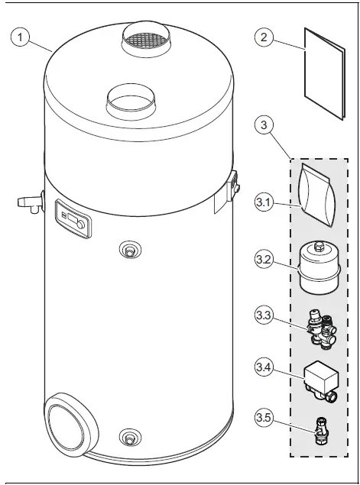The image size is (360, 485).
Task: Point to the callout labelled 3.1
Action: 264,203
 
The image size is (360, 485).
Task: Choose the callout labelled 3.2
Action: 264,259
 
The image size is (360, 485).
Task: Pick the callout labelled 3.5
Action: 264,419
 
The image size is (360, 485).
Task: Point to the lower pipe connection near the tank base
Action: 131,438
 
